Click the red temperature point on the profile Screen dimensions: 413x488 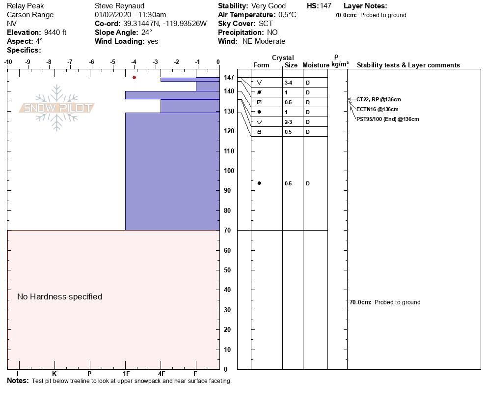pyautogui.click(x=134, y=77)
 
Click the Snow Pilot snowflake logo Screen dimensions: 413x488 pyautogui.click(x=57, y=108)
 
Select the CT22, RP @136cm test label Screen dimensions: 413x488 pyautogui.click(x=375, y=99)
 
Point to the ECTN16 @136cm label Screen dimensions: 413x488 pyautogui.click(x=377, y=109)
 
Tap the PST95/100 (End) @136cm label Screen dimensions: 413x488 pyautogui.click(x=387, y=119)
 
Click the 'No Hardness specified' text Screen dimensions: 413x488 pyautogui.click(x=59, y=296)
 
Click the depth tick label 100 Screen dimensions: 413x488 pyautogui.click(x=229, y=171)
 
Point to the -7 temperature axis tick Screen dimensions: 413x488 pyautogui.click(x=70, y=62)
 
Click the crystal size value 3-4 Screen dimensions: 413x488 pyautogui.click(x=289, y=83)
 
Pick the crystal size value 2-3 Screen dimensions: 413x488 pyautogui.click(x=289, y=122)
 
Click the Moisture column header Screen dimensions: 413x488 pyautogui.click(x=316, y=65)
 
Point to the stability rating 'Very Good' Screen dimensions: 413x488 pyautogui.click(x=268, y=6)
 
